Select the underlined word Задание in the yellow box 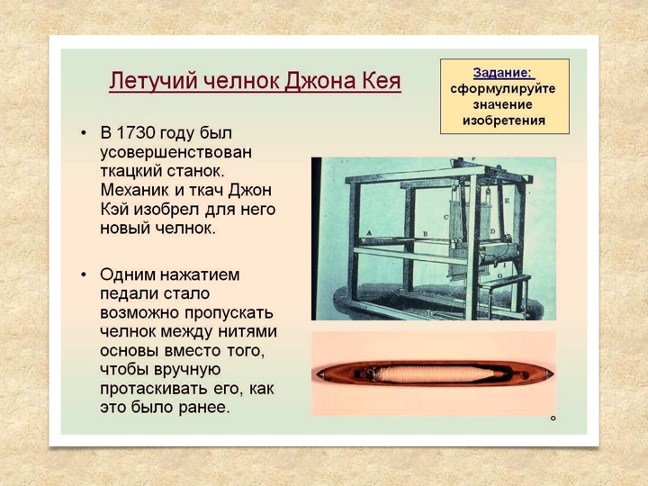click(x=501, y=73)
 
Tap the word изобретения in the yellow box click(x=504, y=121)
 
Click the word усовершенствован click(x=175, y=152)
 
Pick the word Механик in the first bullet click(x=135, y=191)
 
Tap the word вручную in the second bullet click(x=187, y=370)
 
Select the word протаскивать click(x=154, y=389)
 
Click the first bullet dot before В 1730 click(x=84, y=133)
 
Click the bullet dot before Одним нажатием click(x=84, y=274)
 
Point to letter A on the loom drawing click(x=370, y=232)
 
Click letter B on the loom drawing click(x=425, y=234)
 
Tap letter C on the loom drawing click(x=445, y=217)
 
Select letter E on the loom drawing click(x=506, y=201)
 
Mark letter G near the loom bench click(x=499, y=275)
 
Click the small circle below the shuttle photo click(x=553, y=418)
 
